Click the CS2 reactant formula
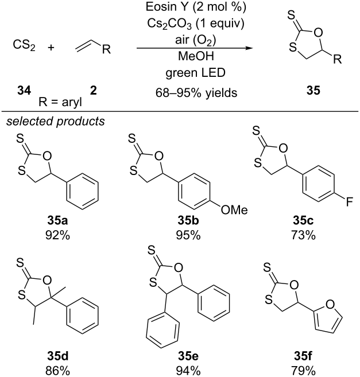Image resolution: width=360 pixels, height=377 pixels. click(24, 45)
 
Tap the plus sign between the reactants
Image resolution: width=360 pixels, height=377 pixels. click(51, 48)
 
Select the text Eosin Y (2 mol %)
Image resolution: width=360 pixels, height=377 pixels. click(196, 7)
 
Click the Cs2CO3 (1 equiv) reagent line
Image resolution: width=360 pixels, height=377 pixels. click(196, 24)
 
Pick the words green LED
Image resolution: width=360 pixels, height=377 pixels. click(195, 73)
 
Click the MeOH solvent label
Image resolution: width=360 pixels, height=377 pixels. click(196, 56)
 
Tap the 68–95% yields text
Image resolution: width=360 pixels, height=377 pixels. click(196, 92)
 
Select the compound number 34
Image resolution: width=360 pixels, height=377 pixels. click(24, 91)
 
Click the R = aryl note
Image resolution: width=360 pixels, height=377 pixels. click(60, 102)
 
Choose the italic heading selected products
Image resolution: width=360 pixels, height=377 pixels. click(56, 122)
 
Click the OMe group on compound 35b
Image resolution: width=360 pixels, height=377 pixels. click(234, 210)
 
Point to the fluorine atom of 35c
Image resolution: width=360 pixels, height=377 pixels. click(349, 202)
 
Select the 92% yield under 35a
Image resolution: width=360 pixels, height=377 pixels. click(58, 235)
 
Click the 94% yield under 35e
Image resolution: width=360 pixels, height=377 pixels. click(188, 371)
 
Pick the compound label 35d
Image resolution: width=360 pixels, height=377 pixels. click(58, 356)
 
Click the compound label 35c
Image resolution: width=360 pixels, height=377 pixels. click(303, 220)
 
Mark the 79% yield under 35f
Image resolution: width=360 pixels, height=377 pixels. click(303, 371)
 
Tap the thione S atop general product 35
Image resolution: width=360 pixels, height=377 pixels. click(291, 15)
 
